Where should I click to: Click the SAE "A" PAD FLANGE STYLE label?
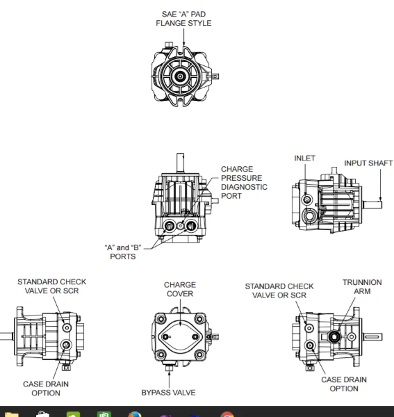183,19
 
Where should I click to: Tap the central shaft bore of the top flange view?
181,76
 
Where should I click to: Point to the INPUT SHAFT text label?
368,163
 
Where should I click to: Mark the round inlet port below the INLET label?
307,200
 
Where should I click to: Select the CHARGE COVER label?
180,290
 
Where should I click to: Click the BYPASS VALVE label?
168,393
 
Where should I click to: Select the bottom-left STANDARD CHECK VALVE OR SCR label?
52,286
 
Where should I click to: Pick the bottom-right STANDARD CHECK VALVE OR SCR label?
279,291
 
